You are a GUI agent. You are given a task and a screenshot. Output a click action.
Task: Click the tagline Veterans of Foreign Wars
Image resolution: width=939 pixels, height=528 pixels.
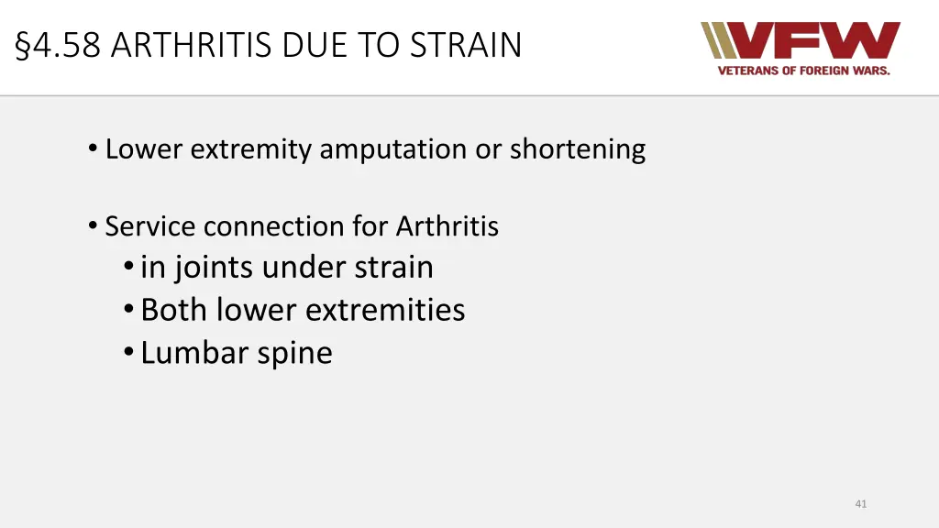coord(803,71)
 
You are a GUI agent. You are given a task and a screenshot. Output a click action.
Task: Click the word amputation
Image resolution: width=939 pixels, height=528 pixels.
coord(393,148)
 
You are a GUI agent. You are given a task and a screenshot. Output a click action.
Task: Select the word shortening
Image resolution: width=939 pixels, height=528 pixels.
coord(578,148)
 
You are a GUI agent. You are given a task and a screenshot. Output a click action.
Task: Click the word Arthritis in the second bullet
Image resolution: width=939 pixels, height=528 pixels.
coord(447,225)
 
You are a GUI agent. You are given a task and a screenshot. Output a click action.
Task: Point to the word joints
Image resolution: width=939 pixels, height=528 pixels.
coord(214,268)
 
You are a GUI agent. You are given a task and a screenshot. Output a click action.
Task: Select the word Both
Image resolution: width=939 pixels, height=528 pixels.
coord(175,310)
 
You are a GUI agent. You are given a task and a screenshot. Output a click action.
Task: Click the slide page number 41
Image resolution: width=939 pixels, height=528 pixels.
coord(860,503)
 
